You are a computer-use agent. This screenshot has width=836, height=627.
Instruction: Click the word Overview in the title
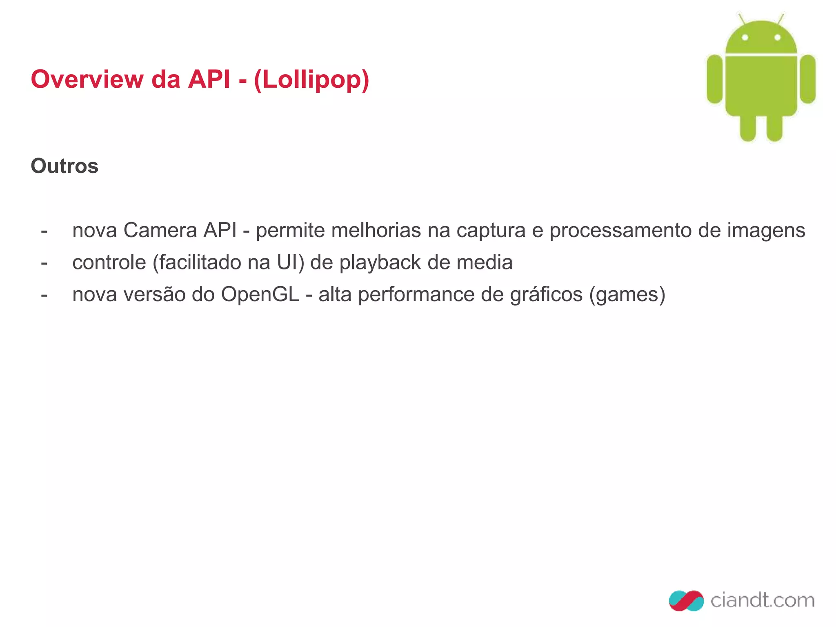click(x=87, y=79)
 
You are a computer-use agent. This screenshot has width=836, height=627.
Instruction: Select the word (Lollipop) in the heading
click(x=311, y=80)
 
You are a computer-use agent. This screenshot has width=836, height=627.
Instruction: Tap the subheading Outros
click(x=64, y=166)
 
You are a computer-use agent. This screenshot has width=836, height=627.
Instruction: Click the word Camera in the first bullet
click(x=160, y=230)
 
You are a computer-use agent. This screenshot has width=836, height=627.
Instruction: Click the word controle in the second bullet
click(x=109, y=262)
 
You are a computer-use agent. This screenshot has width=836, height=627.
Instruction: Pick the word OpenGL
click(x=260, y=295)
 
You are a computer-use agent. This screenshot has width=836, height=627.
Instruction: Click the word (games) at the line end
click(x=627, y=295)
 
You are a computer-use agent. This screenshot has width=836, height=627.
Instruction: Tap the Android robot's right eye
click(x=777, y=38)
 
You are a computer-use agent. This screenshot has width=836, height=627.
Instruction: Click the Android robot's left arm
click(x=714, y=79)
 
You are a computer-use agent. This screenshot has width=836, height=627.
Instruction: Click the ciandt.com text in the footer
click(x=762, y=600)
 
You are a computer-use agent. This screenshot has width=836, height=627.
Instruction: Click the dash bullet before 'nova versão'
click(x=44, y=295)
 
